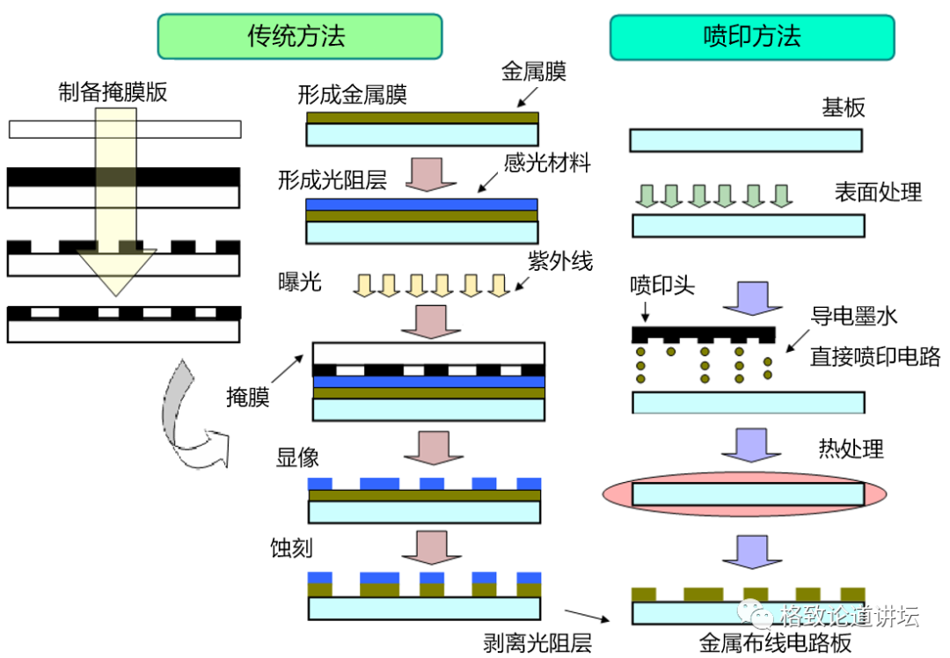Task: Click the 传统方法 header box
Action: pyautogui.click(x=299, y=37)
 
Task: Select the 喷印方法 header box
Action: pyautogui.click(x=752, y=37)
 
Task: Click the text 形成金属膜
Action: pyautogui.click(x=352, y=94)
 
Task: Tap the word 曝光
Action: pyautogui.click(x=299, y=283)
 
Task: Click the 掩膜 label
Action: pyautogui.click(x=248, y=397)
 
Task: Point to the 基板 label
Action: pyautogui.click(x=843, y=107)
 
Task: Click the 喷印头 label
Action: pyautogui.click(x=662, y=286)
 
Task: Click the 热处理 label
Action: pyautogui.click(x=850, y=450)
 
